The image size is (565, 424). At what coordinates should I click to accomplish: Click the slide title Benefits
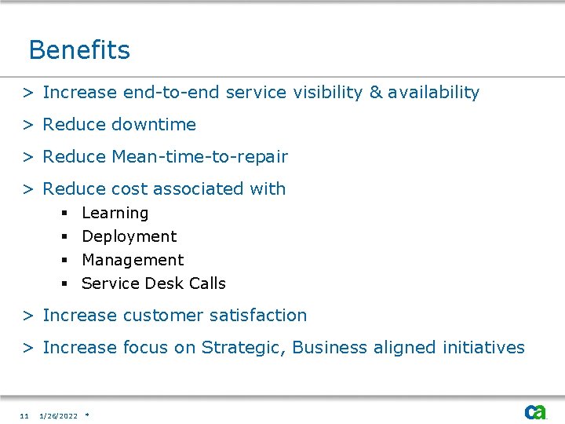(79, 50)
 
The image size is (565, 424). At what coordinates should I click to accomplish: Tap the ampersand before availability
(375, 93)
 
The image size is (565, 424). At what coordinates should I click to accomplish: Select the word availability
(433, 93)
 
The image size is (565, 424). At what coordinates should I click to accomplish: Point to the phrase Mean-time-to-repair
(200, 157)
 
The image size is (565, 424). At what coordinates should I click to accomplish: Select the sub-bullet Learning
(115, 214)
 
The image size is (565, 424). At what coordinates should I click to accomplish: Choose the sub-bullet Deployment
(129, 236)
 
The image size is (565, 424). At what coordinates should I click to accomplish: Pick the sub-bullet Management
(133, 260)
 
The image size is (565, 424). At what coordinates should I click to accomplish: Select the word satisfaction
(261, 316)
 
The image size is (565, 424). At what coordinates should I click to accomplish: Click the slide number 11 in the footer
(24, 416)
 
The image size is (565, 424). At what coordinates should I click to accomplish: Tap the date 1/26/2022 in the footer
(59, 416)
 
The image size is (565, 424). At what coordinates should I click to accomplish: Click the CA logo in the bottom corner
(535, 411)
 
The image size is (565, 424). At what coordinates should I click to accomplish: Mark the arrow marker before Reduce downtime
(27, 125)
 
